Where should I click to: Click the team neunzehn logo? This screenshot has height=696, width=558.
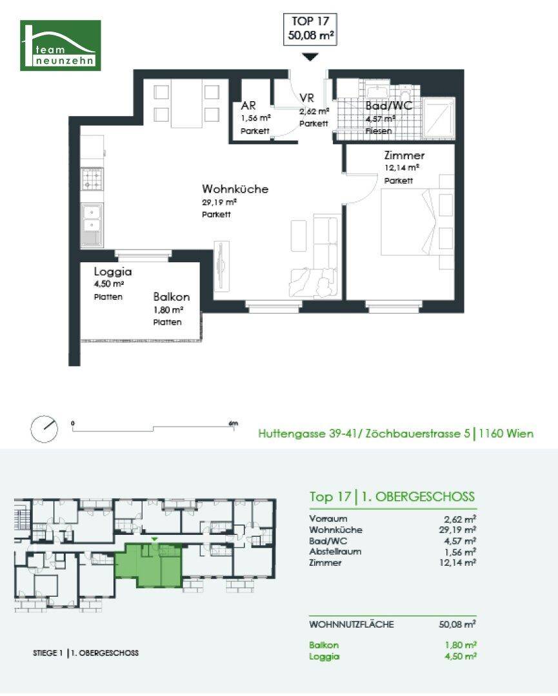(61, 45)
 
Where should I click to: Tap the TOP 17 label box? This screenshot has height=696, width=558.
(310, 29)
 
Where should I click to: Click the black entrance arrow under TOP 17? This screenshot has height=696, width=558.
(310, 57)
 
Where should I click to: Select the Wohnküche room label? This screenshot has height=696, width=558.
(235, 189)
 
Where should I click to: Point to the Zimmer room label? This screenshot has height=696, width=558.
(404, 155)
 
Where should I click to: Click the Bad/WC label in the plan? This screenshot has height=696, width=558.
(389, 106)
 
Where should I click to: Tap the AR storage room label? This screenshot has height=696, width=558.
(248, 106)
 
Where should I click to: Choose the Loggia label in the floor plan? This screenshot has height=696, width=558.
(113, 272)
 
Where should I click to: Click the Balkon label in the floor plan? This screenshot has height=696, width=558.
(172, 296)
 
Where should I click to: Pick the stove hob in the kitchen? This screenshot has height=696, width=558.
(92, 179)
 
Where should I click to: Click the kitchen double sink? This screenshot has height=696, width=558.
(92, 226)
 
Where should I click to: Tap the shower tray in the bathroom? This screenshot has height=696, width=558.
(438, 118)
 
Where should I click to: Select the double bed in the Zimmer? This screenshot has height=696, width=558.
(417, 222)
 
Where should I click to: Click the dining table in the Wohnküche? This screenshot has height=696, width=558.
(186, 104)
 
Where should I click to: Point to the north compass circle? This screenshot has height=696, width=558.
(44, 429)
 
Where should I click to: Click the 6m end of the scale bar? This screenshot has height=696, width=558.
(234, 427)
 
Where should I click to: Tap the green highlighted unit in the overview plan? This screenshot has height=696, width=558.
(148, 565)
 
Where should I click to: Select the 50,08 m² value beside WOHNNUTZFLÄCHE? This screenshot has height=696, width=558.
(457, 624)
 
